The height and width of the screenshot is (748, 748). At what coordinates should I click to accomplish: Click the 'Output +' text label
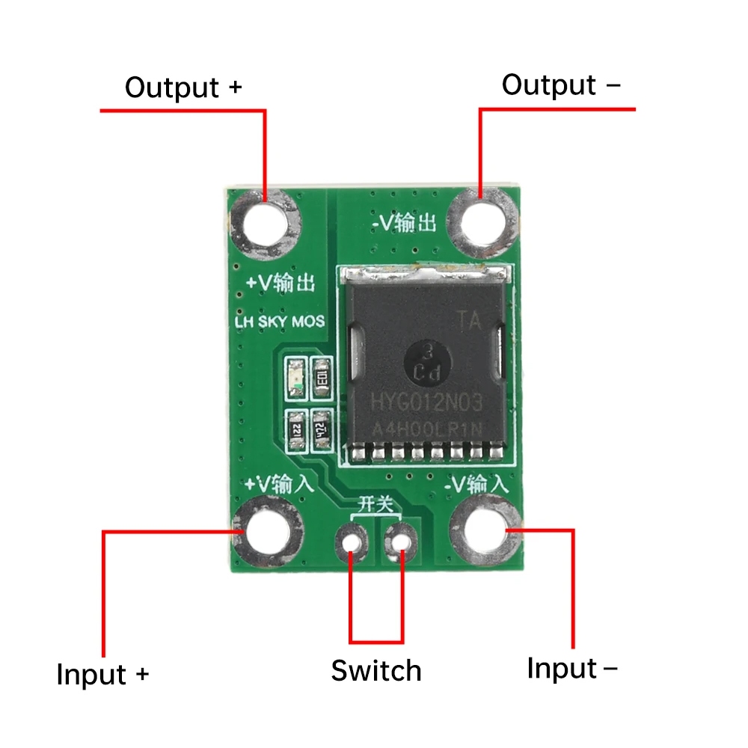pyautogui.click(x=183, y=88)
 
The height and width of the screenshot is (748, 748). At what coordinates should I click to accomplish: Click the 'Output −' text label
pyautogui.click(x=560, y=85)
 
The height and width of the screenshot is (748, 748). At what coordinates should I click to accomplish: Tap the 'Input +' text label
pyautogui.click(x=102, y=675)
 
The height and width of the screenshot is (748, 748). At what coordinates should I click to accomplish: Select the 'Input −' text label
pyautogui.click(x=572, y=668)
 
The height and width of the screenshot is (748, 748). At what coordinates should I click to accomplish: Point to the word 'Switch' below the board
pyautogui.click(x=376, y=670)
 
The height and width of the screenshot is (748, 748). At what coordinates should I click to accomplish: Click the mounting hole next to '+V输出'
pyautogui.click(x=266, y=221)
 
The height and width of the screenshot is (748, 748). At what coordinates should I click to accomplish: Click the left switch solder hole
pyautogui.click(x=352, y=539)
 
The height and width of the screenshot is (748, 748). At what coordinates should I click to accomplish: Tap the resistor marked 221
pyautogui.click(x=296, y=431)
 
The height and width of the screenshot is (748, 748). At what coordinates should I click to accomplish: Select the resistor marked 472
pyautogui.click(x=322, y=432)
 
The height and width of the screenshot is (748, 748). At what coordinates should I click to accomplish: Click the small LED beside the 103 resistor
pyautogui.click(x=296, y=376)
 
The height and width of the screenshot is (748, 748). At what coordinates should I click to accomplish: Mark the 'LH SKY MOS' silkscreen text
pyautogui.click(x=280, y=322)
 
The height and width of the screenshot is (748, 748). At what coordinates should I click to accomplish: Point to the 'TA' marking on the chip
pyautogui.click(x=470, y=321)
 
